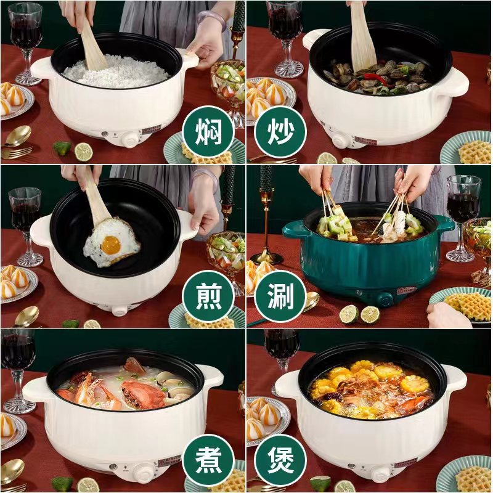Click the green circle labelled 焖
(x=208, y=131)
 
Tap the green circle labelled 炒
(x=280, y=131)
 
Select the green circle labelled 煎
(x=208, y=296)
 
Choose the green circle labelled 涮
(x=280, y=296)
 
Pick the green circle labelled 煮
(x=208, y=460)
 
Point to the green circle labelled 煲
(x=280, y=460)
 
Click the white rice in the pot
(x=116, y=71)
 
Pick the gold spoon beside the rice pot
(x=17, y=136)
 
